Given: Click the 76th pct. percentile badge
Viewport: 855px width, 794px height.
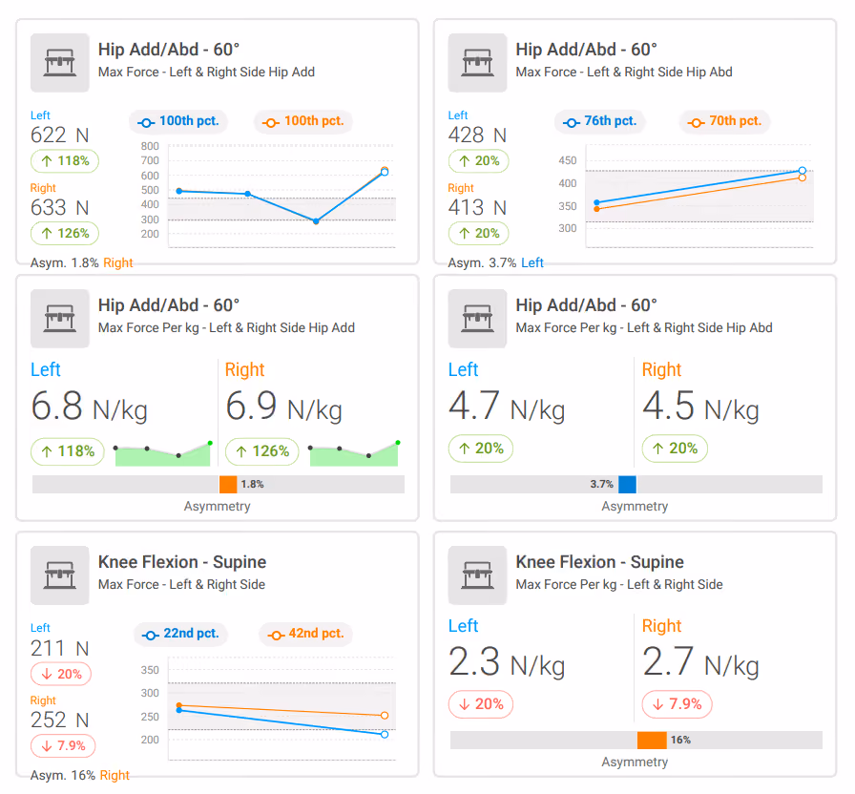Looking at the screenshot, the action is coord(600,121).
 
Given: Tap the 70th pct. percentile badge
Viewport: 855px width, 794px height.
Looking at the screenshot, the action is coord(724,121).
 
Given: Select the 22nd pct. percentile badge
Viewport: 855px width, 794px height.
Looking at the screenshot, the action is coord(180,635).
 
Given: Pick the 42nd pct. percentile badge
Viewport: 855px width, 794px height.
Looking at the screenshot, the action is coord(305,635).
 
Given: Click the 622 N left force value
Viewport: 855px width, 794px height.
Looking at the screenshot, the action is coord(59,135).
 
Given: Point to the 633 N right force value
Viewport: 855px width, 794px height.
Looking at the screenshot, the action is coord(59,207).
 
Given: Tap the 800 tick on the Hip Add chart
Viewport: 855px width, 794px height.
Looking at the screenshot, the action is coord(150,146).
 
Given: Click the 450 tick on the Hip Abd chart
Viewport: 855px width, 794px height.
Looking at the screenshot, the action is coord(568,160).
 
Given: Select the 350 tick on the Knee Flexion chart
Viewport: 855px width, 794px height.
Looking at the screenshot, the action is coord(150,670).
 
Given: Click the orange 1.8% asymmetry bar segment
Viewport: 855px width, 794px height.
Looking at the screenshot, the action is coord(228,484).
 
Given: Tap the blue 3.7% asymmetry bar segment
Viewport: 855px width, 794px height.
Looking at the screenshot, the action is coord(627,484).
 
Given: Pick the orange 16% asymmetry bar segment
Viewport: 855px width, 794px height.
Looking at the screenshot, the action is coord(652,740).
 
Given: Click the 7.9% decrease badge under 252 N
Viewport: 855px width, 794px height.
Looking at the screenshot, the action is coord(63,746).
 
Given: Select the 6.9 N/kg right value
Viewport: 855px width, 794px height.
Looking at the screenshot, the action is coord(283,407).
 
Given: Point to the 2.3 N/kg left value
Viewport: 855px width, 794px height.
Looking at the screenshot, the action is coord(507,662).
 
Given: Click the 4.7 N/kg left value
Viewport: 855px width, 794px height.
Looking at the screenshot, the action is coord(507,407).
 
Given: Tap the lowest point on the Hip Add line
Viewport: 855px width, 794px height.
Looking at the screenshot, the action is coord(316,220).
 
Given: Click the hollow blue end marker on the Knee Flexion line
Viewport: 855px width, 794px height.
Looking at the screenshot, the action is coord(385,735).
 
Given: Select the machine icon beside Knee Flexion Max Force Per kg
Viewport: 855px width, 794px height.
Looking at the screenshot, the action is coord(478,575).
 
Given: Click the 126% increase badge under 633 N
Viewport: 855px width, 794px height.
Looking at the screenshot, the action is coord(65,234).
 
